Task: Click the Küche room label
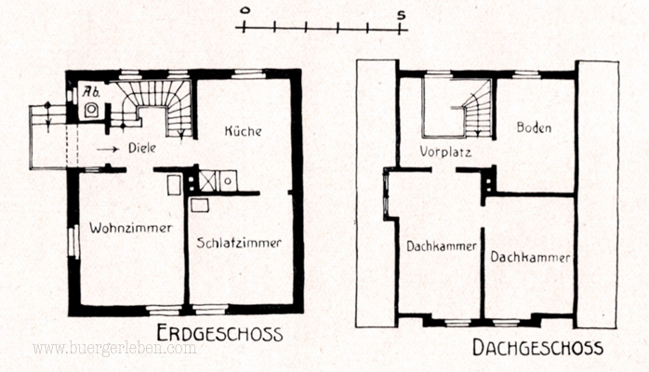243,131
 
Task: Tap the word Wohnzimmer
131,228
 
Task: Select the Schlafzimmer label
239,243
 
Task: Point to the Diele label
142,148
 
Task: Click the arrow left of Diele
108,149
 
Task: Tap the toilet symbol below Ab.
91,110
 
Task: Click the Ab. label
91,91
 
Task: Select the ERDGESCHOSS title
219,334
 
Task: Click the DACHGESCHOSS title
537,348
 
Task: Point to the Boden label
534,127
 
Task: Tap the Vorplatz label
445,152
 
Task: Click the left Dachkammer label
442,246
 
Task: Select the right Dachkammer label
530,257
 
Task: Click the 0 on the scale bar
245,11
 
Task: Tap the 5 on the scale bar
401,15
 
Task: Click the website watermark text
114,349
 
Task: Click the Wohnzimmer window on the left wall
73,242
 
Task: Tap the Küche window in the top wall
248,75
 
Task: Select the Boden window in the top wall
527,75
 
